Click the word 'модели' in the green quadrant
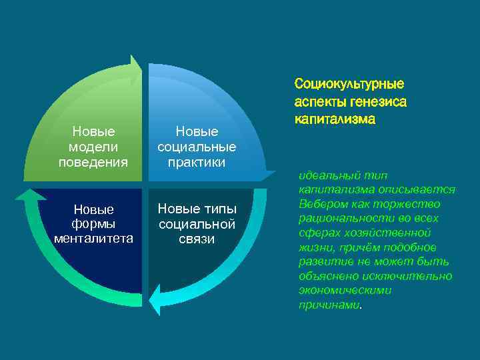pyautogui.click(x=93, y=147)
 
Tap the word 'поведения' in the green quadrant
pyautogui.click(x=93, y=161)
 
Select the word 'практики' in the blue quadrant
pyautogui.click(x=196, y=162)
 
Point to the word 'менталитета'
pyautogui.click(x=93, y=239)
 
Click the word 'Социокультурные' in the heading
pyautogui.click(x=349, y=85)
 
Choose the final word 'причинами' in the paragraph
pyautogui.click(x=329, y=305)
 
